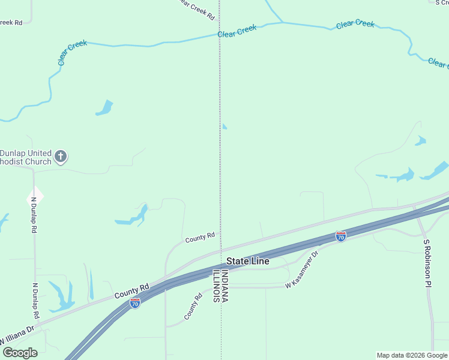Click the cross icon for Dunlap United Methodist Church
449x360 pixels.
pos(60,157)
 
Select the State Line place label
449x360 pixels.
pos(247,262)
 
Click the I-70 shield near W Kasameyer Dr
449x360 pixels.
pos(340,237)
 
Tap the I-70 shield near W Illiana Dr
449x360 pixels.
pos(135,304)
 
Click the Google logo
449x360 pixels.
pos(20,353)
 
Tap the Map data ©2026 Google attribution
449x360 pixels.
pos(412,355)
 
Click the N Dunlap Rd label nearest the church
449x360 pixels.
pos(34,215)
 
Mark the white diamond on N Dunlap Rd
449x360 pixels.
pos(35,194)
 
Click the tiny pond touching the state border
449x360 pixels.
pos(224,127)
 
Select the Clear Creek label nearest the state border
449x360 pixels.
pos(237,31)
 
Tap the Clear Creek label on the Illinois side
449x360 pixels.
pos(73,53)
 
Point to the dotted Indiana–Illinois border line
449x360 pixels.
pos(220,180)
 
